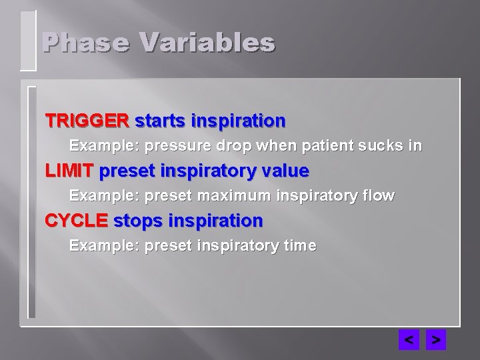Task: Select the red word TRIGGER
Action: [87, 121]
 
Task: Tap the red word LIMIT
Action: [69, 171]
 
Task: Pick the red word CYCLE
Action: [76, 221]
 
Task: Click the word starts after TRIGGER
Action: [160, 121]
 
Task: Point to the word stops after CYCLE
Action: [137, 221]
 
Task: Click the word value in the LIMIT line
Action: [284, 171]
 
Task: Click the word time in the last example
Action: [300, 246]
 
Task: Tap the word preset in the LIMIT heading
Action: [126, 171]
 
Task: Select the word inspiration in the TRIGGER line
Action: [238, 121]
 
